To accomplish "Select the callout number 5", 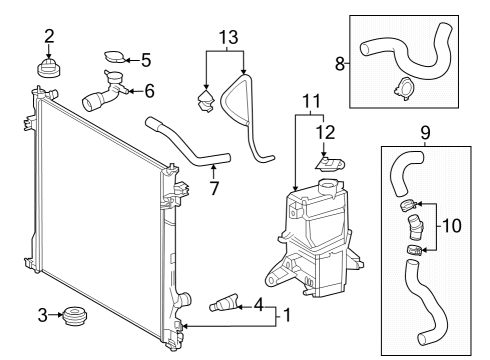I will (145, 59).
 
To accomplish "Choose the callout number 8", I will (341, 63).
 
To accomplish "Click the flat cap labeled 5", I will (115, 58).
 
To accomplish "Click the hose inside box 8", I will (410, 49).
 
